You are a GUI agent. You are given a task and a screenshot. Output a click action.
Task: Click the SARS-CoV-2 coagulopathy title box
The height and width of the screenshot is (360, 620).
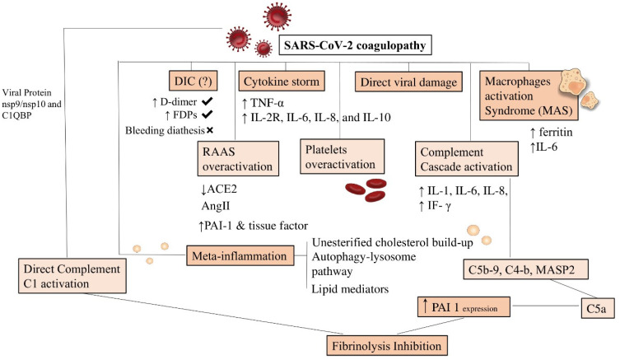coord(355,45)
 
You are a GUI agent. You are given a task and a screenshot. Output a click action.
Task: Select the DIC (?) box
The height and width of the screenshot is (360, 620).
coord(193,81)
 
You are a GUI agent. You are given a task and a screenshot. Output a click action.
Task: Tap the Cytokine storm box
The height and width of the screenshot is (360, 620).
coord(282,82)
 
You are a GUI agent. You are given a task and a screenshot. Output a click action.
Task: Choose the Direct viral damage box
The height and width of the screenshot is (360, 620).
coord(408,82)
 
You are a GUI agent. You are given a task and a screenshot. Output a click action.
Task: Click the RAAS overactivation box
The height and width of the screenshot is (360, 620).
coord(238,159)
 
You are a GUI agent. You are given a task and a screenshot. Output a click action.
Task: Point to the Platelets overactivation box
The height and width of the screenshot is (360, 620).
coord(342,157)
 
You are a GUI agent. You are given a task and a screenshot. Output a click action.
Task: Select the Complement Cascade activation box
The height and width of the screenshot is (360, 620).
coord(467,159)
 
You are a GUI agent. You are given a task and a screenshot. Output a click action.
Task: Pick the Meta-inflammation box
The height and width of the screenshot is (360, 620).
coord(240,255)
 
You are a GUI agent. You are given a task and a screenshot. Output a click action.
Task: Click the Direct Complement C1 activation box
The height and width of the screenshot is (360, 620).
coord(72,276)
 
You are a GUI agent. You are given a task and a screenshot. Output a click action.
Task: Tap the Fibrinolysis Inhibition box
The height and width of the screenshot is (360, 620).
coord(387,346)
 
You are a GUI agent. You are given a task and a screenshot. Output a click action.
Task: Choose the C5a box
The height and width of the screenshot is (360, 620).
coord(598,308)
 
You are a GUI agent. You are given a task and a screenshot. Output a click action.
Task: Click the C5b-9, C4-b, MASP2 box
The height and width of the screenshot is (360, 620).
coord(525,269)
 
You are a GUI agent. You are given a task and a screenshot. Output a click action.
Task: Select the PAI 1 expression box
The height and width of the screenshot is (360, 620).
coord(464,307)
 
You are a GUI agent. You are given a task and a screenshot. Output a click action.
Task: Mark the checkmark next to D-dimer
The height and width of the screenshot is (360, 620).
coord(207,101)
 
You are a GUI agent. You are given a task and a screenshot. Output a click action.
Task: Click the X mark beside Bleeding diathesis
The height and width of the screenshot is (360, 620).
coord(210,130)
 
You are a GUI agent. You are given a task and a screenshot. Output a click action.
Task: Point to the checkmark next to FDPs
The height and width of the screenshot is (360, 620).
coord(207,115)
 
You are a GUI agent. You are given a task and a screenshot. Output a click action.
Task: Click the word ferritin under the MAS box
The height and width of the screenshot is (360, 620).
coord(556,132)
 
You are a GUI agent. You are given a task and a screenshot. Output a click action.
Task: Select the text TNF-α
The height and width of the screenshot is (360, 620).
coord(267,103)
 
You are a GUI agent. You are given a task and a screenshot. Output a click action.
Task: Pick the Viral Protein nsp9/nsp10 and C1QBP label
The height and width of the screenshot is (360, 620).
coord(31,104)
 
